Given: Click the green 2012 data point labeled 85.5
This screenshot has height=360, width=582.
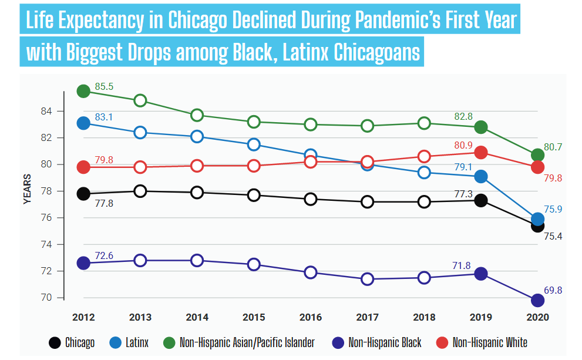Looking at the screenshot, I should pyautogui.click(x=83, y=91).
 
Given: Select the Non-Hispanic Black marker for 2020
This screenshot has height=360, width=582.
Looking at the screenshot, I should pyautogui.click(x=537, y=300).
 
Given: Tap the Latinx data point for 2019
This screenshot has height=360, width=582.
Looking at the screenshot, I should pyautogui.click(x=480, y=176).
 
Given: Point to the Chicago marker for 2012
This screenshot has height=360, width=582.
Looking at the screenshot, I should pyautogui.click(x=83, y=193).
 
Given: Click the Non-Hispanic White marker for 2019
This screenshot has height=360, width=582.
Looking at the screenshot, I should pyautogui.click(x=480, y=152).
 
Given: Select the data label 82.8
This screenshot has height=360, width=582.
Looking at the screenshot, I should pyautogui.click(x=463, y=117).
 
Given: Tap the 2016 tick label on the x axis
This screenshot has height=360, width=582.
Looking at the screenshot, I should pyautogui.click(x=310, y=317).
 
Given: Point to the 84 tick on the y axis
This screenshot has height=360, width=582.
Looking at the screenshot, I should pyautogui.click(x=46, y=111).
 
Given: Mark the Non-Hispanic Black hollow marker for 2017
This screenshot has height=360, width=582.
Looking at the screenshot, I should pyautogui.click(x=367, y=279).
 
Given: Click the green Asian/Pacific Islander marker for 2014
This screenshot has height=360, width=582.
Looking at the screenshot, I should pyautogui.click(x=197, y=115).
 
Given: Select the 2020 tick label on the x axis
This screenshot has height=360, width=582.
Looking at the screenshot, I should pyautogui.click(x=537, y=317).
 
